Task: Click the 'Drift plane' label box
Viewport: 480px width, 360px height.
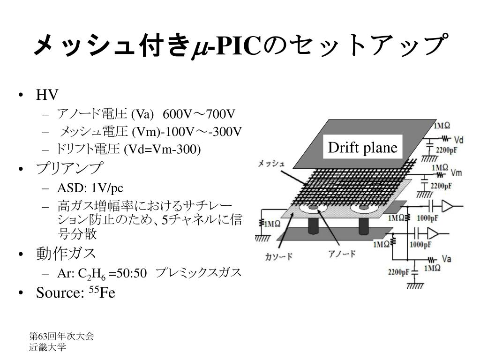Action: click(x=362, y=148)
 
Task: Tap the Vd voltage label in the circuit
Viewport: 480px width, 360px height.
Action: click(x=459, y=140)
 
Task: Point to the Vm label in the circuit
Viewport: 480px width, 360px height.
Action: click(x=456, y=173)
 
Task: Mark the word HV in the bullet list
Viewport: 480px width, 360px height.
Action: click(x=47, y=95)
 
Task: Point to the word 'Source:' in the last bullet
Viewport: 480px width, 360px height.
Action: click(x=60, y=293)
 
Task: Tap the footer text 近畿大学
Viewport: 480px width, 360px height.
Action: click(x=47, y=347)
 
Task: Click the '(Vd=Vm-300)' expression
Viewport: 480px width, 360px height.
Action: click(x=162, y=149)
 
